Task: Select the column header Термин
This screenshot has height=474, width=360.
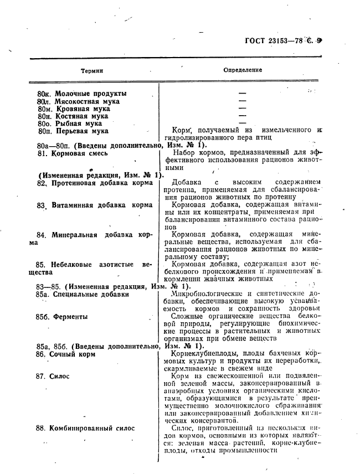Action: coord(92,71)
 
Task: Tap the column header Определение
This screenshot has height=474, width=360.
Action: coord(243,70)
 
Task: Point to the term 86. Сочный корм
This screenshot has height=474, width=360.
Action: coord(66,354)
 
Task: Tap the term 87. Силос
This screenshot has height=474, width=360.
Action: coord(53,376)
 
